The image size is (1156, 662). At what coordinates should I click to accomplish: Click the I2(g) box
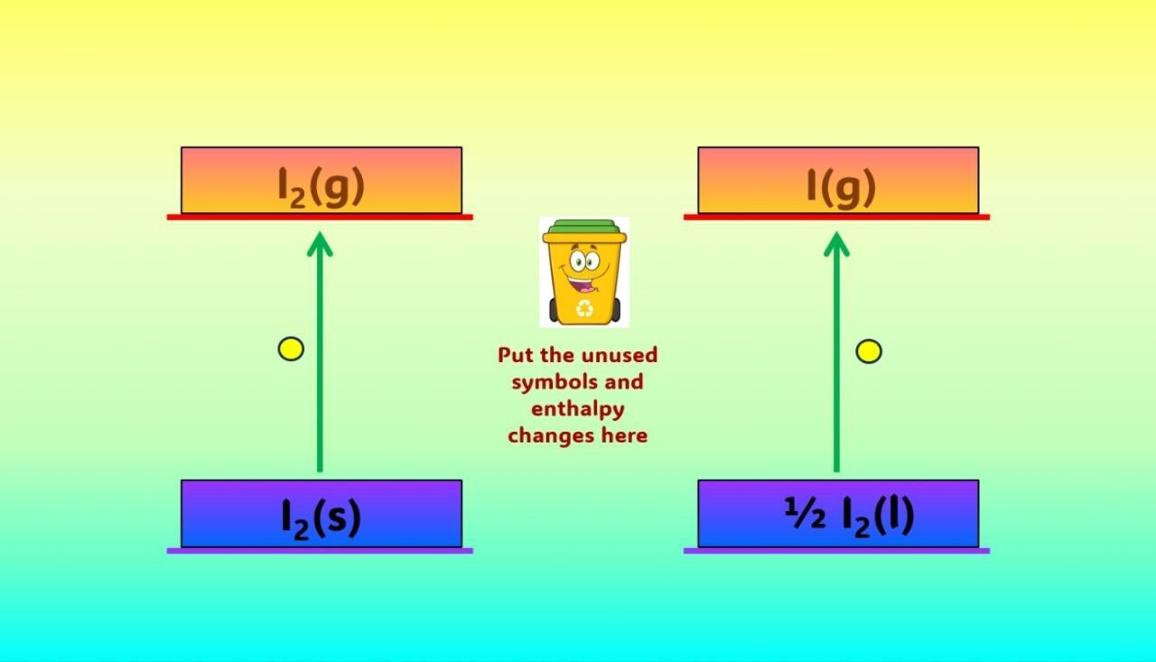pos(322,180)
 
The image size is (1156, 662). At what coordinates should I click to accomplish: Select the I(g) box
pos(838,180)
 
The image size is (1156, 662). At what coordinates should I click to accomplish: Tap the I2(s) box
pos(322,513)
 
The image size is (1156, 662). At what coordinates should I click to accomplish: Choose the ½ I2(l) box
pos(838,513)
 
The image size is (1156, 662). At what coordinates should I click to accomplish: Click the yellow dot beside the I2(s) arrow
pos(291,349)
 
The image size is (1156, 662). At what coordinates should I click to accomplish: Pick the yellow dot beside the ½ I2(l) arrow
pos(869,351)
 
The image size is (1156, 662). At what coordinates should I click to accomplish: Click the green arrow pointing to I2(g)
pos(320,352)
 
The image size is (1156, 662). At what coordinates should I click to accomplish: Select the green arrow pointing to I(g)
pos(836,352)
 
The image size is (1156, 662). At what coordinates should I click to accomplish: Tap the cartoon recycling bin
pos(584,272)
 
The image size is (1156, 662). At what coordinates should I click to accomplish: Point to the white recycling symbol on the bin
pos(584,308)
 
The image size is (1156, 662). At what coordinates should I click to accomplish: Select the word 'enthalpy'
pos(578,409)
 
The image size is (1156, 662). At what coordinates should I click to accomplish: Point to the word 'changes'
pos(552,435)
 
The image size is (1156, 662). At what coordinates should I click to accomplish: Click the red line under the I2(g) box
pos(320,218)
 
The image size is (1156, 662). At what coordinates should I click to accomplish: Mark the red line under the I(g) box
pos(836,218)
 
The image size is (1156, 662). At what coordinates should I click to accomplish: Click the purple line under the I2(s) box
pos(320,551)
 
